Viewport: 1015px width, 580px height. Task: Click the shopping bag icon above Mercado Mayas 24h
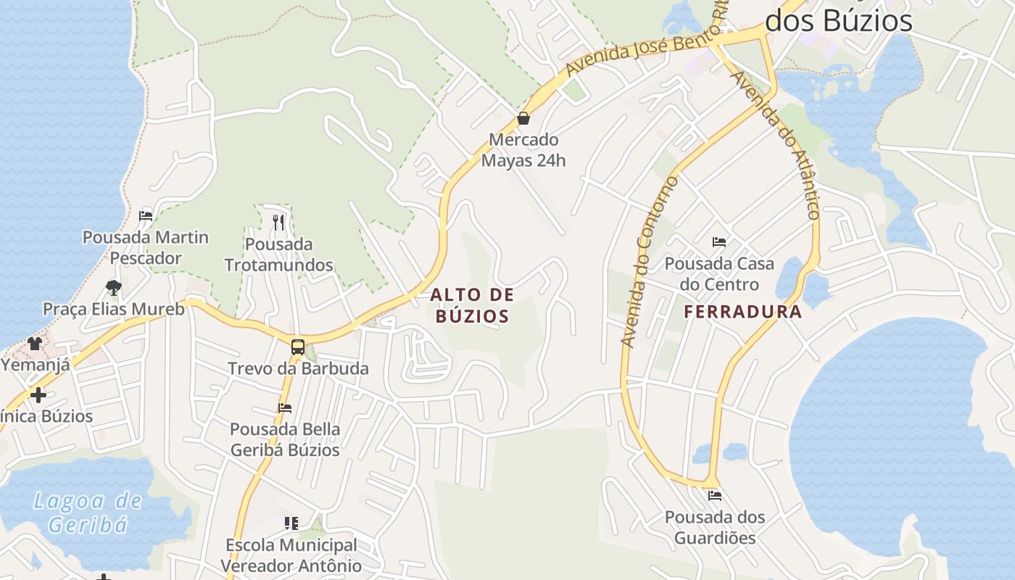[523, 118]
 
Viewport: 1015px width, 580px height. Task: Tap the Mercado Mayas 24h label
[523, 150]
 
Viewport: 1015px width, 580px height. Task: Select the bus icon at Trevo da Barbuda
[298, 347]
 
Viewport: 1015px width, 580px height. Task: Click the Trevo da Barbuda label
[298, 368]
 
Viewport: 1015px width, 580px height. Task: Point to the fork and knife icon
[278, 221]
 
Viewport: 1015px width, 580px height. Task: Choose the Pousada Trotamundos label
[278, 254]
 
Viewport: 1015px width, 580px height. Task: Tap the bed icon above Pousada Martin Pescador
[146, 215]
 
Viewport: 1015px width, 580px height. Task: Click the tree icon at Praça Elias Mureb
[113, 288]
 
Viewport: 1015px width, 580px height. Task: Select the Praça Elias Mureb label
[114, 309]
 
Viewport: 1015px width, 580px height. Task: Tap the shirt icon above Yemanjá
[35, 343]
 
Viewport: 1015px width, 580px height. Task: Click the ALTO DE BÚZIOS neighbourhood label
[472, 305]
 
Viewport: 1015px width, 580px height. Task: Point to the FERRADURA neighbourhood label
[743, 312]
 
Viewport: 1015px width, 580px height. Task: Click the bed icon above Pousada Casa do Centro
[719, 242]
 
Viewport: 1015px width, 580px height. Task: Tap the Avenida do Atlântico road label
[776, 145]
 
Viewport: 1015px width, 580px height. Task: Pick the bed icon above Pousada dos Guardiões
[715, 496]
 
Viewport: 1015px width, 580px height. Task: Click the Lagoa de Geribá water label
[88, 512]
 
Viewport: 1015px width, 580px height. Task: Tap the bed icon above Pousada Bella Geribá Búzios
[285, 408]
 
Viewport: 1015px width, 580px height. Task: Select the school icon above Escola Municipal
[291, 523]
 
